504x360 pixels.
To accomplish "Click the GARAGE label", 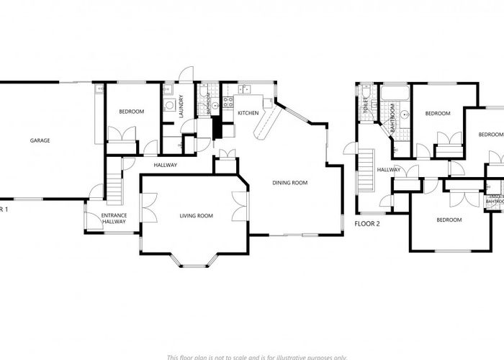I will pos(40,140).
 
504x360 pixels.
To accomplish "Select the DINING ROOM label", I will pos(289,183).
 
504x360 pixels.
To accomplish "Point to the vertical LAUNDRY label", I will pos(181,105).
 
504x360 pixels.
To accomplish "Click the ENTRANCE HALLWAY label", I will pos(114,219).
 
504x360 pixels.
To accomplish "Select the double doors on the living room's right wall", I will pos(240,210).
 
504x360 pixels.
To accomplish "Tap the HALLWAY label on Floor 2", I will pos(389,170).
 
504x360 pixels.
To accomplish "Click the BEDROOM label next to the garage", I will pos(131,112).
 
